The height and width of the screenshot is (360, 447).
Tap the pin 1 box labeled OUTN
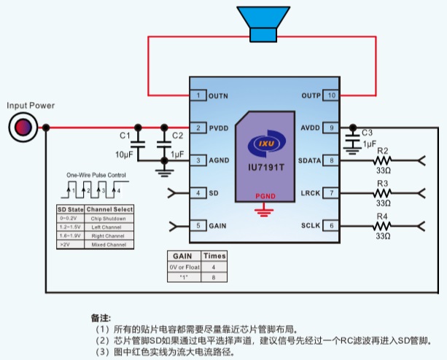pyautogui.click(x=198, y=95)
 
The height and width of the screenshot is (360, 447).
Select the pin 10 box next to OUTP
pyautogui.click(x=331, y=95)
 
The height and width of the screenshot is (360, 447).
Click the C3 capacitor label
pyautogui.click(x=367, y=133)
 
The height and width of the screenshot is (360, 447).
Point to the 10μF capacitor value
pyautogui.click(x=124, y=154)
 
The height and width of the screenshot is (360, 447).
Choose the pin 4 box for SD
pyautogui.click(x=198, y=193)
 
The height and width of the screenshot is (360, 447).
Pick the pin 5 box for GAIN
pyautogui.click(x=198, y=226)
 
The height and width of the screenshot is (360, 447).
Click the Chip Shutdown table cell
pyautogui.click(x=109, y=218)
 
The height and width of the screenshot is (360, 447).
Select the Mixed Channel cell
pyautogui.click(x=109, y=244)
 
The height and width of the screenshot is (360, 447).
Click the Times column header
pyautogui.click(x=214, y=257)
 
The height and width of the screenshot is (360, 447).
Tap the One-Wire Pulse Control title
pyautogui.click(x=96, y=176)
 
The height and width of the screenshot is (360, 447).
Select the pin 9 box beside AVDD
pyautogui.click(x=331, y=128)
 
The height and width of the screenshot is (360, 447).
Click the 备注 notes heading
pyautogui.click(x=100, y=318)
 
